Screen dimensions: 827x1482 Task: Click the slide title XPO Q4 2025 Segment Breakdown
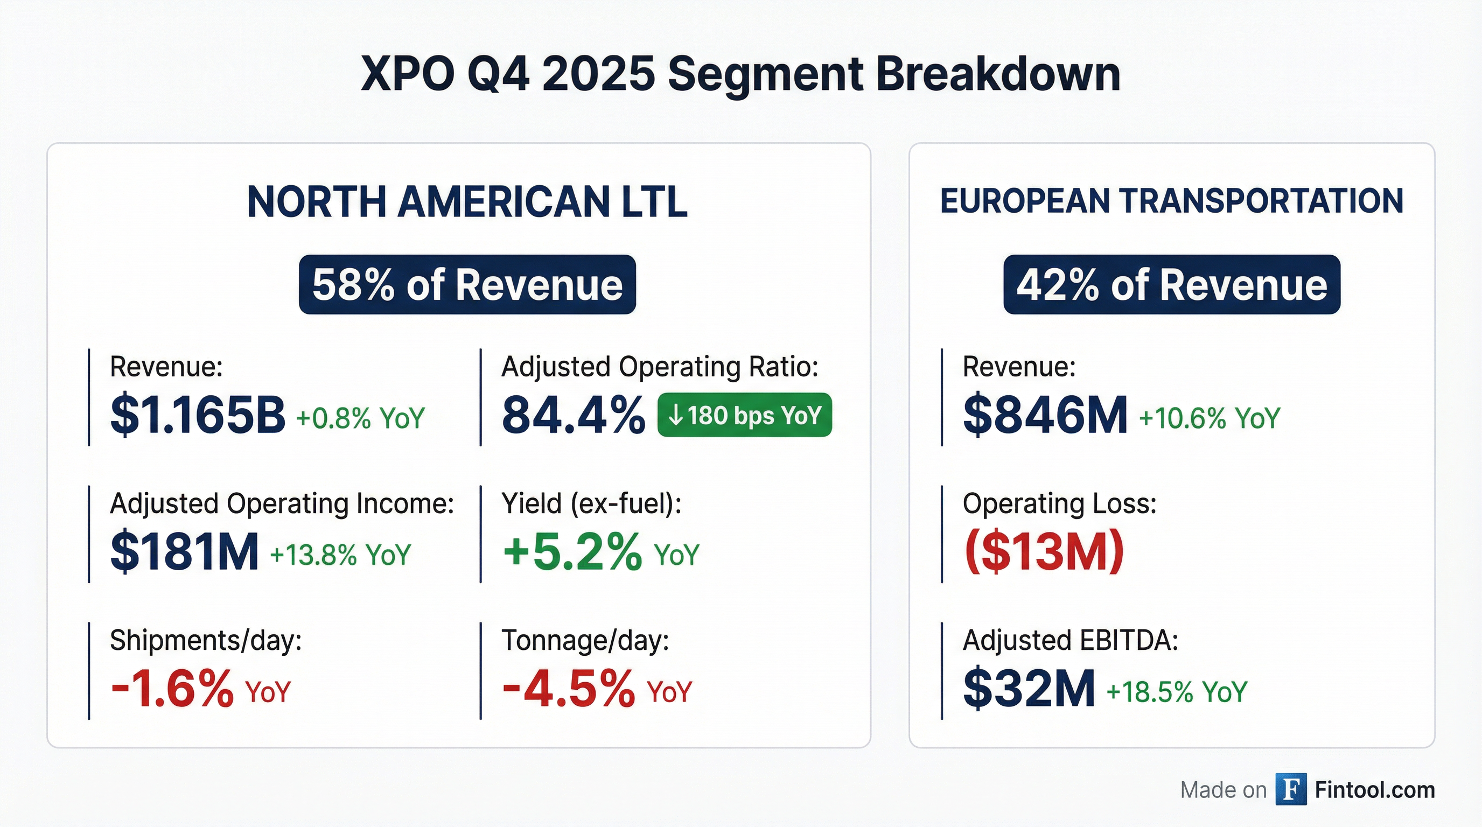[740, 75]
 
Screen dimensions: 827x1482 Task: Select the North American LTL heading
[467, 202]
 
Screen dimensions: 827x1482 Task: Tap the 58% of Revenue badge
[467, 285]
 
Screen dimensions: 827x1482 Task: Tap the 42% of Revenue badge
[1171, 285]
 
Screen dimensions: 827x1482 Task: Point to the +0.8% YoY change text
[360, 418]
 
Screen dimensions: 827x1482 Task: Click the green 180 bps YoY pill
[744, 415]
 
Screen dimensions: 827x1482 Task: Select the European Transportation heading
[1171, 202]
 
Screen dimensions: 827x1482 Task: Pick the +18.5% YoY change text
[1177, 692]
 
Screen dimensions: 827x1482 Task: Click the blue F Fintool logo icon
[1290, 790]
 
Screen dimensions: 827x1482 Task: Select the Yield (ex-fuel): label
[591, 504]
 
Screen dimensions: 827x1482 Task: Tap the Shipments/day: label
[206, 641]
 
